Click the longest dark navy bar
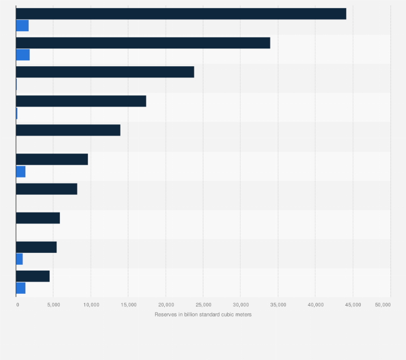(x=181, y=14)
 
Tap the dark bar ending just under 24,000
(x=105, y=72)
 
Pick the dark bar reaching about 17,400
(x=81, y=101)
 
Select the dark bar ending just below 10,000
(x=52, y=159)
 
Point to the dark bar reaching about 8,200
(x=46, y=188)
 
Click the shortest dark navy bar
(x=33, y=276)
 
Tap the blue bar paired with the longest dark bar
(x=22, y=26)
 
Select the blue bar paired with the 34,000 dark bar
(x=23, y=55)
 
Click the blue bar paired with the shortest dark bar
(x=20, y=288)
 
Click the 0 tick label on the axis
(x=17, y=305)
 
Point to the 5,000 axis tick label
(x=54, y=305)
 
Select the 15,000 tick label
(x=129, y=305)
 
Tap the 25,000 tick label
(x=204, y=305)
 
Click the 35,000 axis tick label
(x=278, y=305)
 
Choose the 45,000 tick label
(x=353, y=305)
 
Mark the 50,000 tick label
(x=383, y=305)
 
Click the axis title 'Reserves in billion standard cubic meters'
(x=203, y=314)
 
